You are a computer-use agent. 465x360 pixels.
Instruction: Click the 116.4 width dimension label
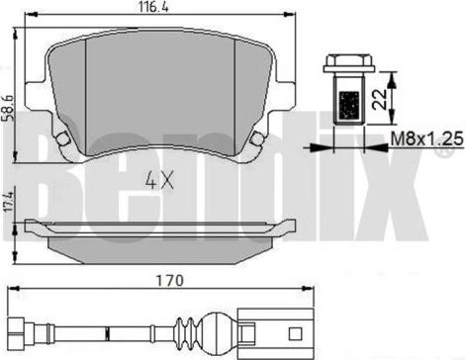click(x=153, y=7)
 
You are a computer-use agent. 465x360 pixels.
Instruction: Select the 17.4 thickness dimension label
click(x=9, y=201)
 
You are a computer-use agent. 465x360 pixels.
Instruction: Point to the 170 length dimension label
click(x=169, y=281)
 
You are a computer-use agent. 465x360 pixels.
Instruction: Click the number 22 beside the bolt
click(x=379, y=99)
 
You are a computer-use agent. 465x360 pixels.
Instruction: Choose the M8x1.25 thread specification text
click(x=427, y=139)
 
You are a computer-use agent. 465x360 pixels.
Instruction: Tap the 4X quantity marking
click(x=159, y=180)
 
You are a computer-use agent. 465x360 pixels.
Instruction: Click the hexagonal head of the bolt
click(x=349, y=62)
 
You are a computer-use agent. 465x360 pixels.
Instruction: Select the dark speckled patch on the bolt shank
click(x=349, y=105)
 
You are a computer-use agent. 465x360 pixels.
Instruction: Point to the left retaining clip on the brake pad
click(x=62, y=138)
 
